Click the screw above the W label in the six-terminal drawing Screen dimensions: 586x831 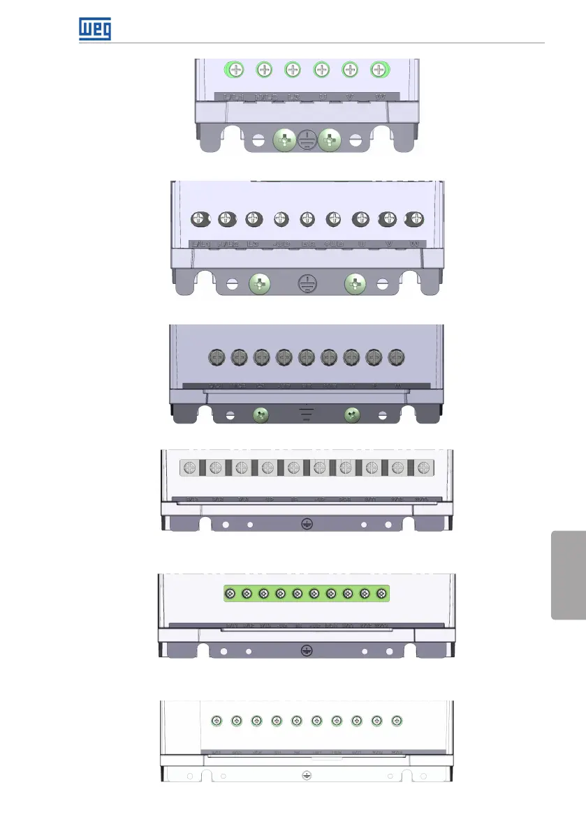tap(379, 69)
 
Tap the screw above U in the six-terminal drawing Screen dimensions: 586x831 tap(321, 69)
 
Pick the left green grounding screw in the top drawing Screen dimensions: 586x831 tap(284, 140)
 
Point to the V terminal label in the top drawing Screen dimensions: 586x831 tap(350, 96)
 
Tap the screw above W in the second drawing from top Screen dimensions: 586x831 tap(415, 218)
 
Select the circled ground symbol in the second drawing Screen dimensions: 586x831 tap(305, 283)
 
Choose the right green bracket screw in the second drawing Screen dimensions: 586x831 tap(356, 283)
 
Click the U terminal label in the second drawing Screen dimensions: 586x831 tap(361, 244)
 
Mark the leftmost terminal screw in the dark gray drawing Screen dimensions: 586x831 tap(217, 357)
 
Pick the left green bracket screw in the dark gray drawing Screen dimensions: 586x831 tap(260, 415)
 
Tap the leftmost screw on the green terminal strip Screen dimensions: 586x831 tap(230, 594)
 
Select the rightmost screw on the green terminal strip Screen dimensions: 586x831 tap(381, 594)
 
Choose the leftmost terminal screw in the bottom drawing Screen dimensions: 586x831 tap(217, 720)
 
